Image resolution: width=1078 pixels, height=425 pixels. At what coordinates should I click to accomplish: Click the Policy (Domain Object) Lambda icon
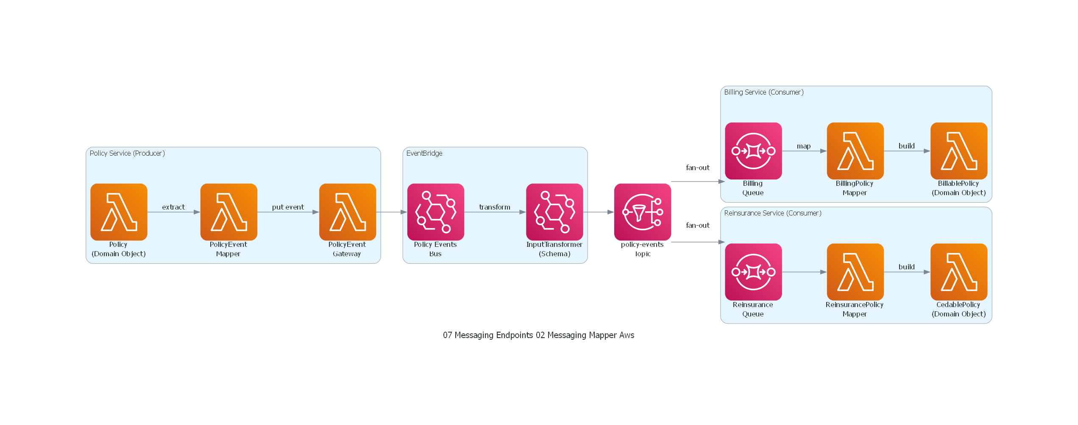(119, 212)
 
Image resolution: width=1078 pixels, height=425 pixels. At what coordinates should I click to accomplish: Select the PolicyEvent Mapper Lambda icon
(229, 212)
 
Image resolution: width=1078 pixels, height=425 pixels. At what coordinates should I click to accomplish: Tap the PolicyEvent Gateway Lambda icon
(348, 212)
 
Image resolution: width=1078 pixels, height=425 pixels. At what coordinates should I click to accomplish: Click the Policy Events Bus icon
(436, 212)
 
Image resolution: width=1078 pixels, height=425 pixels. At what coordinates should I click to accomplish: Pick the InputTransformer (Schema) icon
(554, 212)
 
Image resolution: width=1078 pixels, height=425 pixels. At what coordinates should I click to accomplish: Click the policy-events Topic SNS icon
(643, 212)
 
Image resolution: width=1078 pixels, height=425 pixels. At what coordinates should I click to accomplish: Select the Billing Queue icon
(753, 151)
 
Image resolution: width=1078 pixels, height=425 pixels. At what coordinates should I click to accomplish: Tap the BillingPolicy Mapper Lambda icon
(855, 151)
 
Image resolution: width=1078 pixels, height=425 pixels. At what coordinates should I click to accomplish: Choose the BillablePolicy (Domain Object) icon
(959, 151)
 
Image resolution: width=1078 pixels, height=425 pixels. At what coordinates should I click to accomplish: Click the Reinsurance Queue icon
(753, 272)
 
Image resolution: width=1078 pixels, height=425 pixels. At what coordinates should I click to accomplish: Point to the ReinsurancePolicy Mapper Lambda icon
(855, 272)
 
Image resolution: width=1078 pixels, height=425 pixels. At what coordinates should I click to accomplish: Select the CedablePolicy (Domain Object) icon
(959, 272)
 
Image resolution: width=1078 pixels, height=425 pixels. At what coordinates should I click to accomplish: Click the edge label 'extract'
(173, 207)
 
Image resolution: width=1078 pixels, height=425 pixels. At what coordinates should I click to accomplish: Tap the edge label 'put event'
(288, 207)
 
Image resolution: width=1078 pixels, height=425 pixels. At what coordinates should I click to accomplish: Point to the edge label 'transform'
(495, 207)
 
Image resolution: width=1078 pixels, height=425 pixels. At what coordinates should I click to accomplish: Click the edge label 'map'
(804, 146)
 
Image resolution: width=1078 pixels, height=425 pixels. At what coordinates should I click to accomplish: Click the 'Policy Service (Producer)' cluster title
(127, 153)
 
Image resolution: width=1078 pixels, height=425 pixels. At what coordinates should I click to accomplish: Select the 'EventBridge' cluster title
(424, 153)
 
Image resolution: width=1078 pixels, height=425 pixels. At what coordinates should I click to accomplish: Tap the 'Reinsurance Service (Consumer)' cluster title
(773, 213)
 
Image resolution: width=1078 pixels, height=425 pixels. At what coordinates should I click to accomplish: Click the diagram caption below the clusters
(538, 335)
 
